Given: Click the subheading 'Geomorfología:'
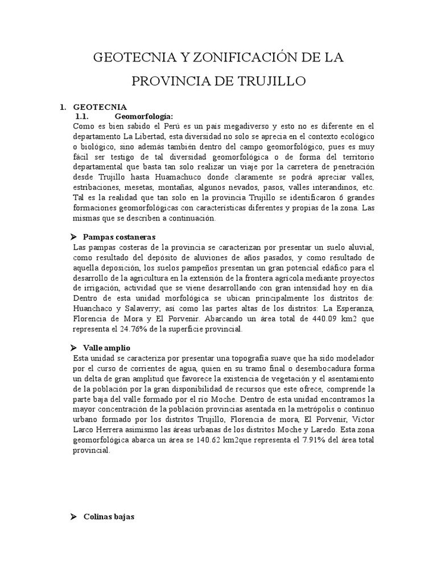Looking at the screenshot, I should click(143, 117).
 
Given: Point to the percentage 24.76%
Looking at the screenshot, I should click(142, 329).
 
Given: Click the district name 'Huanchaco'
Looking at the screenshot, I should click(95, 308).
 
